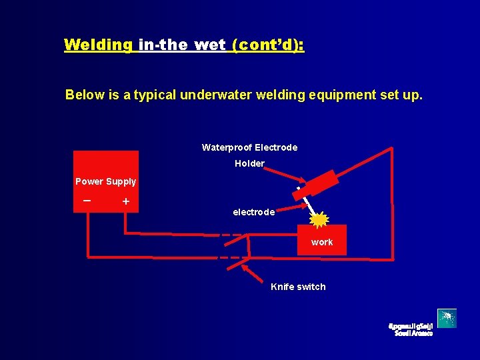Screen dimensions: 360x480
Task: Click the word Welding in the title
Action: pyautogui.click(x=98, y=45)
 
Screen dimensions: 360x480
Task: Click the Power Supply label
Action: pyautogui.click(x=105, y=181)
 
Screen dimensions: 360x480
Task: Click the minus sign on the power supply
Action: pyautogui.click(x=87, y=200)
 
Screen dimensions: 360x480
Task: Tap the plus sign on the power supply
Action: pyautogui.click(x=125, y=201)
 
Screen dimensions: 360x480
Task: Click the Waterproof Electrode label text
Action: pyautogui.click(x=249, y=147)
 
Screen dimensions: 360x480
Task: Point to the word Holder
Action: pyautogui.click(x=249, y=163)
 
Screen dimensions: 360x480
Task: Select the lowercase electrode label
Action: pyautogui.click(x=253, y=212)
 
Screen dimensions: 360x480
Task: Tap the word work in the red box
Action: pyautogui.click(x=321, y=242)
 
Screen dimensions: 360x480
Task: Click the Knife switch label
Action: pyautogui.click(x=298, y=287)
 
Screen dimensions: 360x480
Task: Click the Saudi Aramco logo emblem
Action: pyautogui.click(x=447, y=319)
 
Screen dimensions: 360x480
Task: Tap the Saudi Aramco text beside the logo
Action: pyautogui.click(x=410, y=329)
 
